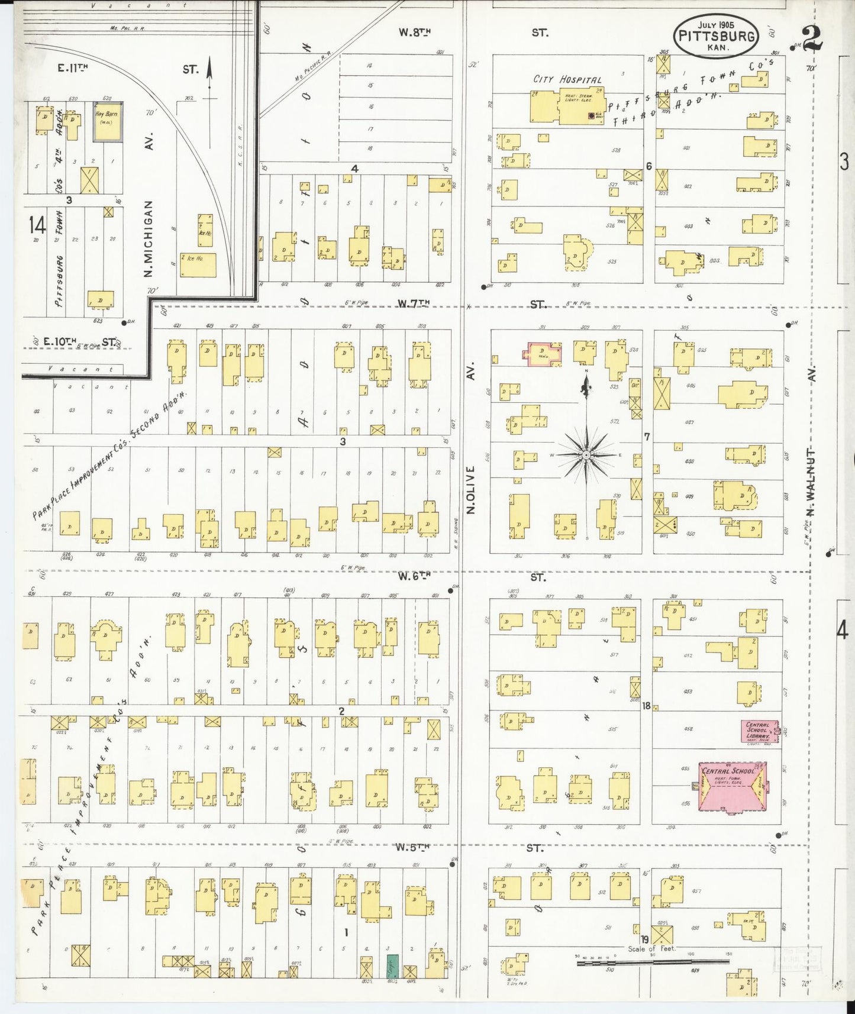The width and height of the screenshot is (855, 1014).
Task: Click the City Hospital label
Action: (x=567, y=79)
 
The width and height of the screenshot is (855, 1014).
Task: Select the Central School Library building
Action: (x=760, y=731)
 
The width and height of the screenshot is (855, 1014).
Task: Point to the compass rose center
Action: (x=585, y=455)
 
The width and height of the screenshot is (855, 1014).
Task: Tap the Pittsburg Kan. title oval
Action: (x=716, y=35)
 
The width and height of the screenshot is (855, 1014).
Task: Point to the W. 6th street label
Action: (x=413, y=576)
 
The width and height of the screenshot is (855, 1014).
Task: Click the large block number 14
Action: (x=37, y=225)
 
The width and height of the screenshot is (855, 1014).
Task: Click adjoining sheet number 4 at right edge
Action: (x=842, y=631)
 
